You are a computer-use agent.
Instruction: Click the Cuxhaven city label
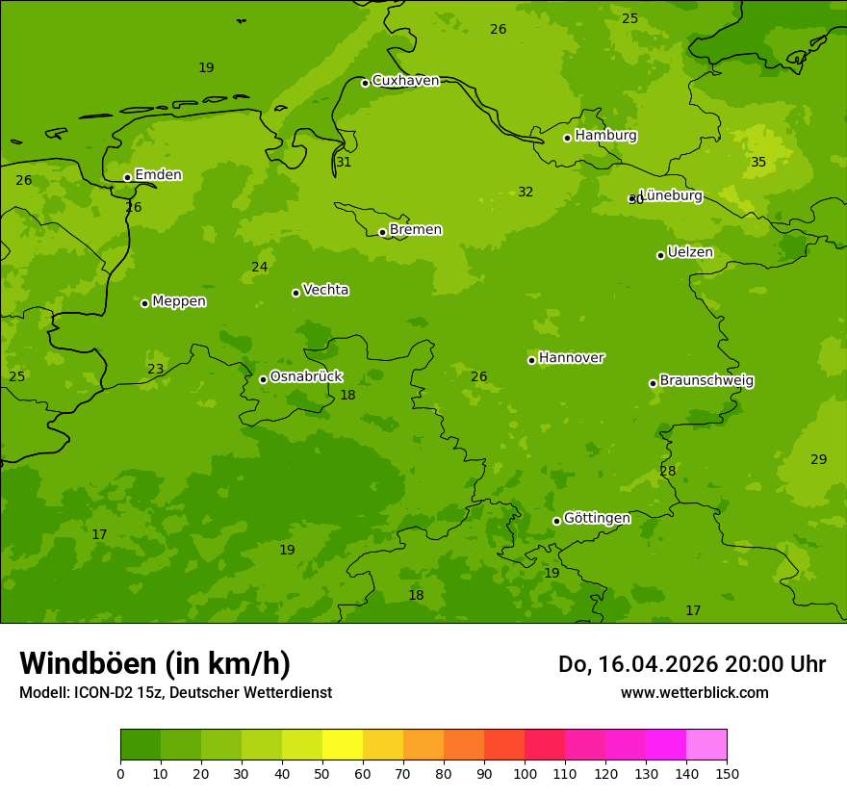click(x=405, y=81)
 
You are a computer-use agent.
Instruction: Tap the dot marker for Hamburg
click(x=567, y=138)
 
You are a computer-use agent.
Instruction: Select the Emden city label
click(x=158, y=175)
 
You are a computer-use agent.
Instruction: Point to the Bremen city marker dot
click(x=382, y=232)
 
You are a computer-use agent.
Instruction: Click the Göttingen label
click(x=597, y=519)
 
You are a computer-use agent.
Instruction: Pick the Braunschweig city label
click(x=706, y=381)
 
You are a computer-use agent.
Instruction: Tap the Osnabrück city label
click(x=306, y=377)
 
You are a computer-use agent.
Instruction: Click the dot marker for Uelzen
click(x=660, y=255)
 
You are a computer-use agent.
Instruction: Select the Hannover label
click(x=572, y=358)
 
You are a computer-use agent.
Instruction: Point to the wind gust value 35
click(x=758, y=163)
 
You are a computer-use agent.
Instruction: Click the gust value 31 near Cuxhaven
click(x=344, y=163)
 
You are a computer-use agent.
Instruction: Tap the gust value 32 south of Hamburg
click(x=526, y=193)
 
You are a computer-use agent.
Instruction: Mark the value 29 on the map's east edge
click(x=818, y=460)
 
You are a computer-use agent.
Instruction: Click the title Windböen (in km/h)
click(x=155, y=663)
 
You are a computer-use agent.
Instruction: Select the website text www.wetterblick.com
click(x=694, y=692)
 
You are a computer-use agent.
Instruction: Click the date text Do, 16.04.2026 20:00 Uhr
click(x=691, y=664)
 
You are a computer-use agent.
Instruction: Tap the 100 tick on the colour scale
click(x=525, y=773)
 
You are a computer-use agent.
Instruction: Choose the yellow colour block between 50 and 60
click(x=343, y=745)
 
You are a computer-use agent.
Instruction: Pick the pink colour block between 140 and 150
click(x=706, y=745)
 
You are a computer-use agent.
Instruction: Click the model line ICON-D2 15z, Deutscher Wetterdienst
click(x=175, y=692)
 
